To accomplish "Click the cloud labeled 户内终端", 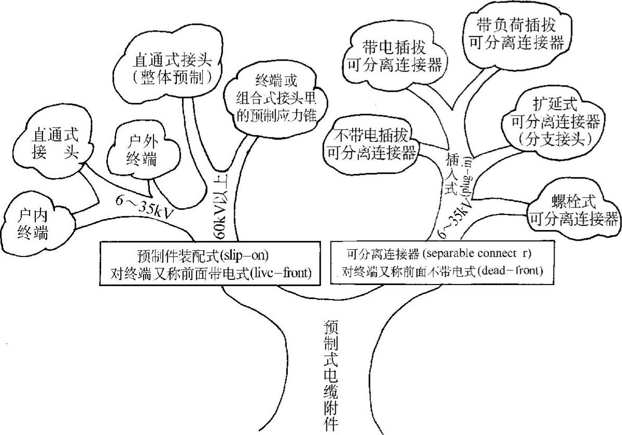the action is click(32, 224).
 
